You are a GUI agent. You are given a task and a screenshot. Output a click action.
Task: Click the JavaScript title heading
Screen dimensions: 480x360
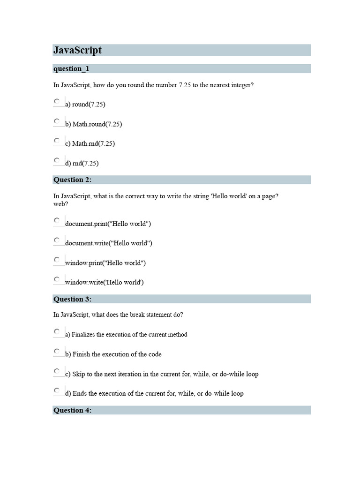pos(78,50)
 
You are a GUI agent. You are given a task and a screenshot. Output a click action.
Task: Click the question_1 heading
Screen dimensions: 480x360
pos(71,69)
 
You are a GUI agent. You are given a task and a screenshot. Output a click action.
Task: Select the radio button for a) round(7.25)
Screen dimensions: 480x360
pos(57,101)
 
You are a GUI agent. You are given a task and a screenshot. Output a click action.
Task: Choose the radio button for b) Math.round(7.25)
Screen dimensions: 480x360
pos(57,121)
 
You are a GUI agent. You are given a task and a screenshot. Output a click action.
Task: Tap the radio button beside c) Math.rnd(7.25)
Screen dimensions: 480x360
pos(57,141)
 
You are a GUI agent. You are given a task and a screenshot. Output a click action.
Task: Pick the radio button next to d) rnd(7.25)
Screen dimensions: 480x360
pos(57,160)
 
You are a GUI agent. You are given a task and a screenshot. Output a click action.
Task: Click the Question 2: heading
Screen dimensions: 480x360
pos(73,180)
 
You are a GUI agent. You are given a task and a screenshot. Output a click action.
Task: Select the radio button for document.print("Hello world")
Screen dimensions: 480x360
pos(57,220)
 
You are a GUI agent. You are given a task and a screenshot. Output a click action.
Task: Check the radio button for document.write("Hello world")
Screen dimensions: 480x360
pos(57,240)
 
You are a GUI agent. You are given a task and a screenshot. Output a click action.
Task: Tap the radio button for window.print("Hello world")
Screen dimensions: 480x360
pos(57,260)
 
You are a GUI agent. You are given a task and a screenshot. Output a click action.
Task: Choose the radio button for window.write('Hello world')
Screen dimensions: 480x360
pos(57,279)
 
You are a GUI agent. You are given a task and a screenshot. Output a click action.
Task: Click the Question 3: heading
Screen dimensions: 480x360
pos(73,299)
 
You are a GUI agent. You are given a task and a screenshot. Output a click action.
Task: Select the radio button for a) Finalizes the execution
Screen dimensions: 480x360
pos(57,331)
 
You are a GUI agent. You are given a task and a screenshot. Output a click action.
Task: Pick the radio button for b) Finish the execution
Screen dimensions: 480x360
pos(57,351)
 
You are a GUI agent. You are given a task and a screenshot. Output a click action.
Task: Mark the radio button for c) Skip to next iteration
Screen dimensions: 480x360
pos(57,371)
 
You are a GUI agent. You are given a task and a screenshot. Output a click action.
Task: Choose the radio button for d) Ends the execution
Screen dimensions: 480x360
pos(57,390)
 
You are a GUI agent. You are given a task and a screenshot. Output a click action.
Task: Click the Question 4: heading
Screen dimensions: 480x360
pos(73,411)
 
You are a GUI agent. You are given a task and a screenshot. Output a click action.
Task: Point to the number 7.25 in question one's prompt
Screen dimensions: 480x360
pos(185,85)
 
